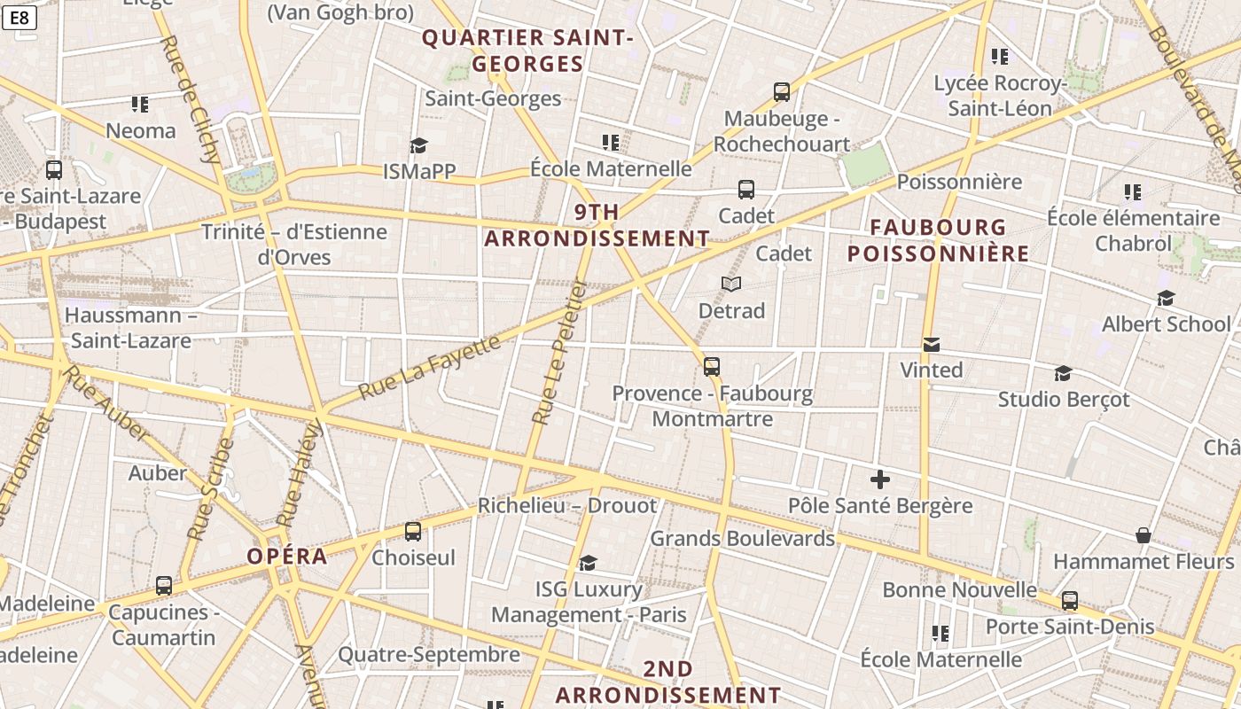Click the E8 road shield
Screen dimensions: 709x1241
tap(19, 18)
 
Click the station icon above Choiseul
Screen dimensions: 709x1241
tap(413, 532)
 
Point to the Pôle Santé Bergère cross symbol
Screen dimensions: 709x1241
tap(880, 479)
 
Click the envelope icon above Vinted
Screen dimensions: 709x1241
tap(932, 345)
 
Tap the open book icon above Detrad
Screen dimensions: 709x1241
tap(731, 284)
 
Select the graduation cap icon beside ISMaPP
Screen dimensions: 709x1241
tap(418, 145)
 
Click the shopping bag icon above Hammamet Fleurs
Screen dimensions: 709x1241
tap(1143, 536)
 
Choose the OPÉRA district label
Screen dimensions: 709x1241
tap(287, 557)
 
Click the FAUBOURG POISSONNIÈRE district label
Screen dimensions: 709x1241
tap(938, 241)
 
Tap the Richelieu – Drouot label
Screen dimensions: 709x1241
tap(567, 506)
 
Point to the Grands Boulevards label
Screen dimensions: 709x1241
tap(743, 538)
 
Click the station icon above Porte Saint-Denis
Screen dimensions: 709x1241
tap(1070, 601)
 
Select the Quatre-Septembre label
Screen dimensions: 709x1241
tap(429, 655)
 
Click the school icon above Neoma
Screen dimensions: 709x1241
tap(140, 105)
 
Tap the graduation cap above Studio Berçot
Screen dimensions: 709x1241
tap(1064, 373)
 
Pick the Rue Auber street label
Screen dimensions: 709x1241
tap(106, 402)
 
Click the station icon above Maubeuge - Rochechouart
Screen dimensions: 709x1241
tap(781, 92)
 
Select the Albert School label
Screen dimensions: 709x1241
tap(1167, 324)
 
